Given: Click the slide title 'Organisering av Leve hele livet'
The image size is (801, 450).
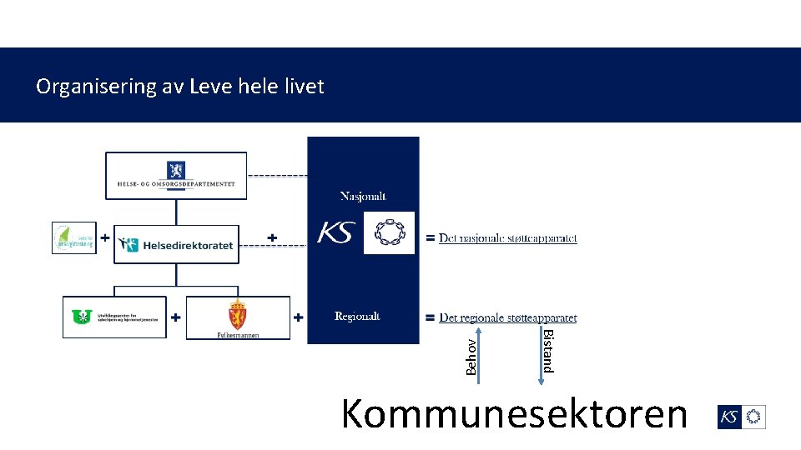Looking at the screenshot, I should point(179,86).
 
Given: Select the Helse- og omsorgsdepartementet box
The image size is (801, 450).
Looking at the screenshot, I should point(176,175).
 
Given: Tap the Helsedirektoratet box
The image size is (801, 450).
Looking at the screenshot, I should point(176,244).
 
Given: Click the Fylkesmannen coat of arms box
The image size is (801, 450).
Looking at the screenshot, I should point(238,317).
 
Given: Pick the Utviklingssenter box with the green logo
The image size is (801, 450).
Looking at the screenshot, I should point(114,317).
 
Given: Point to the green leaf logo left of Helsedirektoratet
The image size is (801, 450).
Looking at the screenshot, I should point(74,237).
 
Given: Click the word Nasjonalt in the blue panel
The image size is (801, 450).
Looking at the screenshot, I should point(363,197).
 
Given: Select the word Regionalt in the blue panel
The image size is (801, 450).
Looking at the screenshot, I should point(357,317).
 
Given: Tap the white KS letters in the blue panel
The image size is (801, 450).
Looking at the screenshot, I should point(335,233).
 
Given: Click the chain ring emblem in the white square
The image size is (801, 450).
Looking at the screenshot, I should point(389,233).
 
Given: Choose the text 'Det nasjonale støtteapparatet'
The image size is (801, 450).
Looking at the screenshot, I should point(508,238).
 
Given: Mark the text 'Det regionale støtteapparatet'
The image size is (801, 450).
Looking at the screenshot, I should point(508,317).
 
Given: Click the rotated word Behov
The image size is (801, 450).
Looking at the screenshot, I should point(471,356).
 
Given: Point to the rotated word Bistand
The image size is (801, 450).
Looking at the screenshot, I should point(547,351).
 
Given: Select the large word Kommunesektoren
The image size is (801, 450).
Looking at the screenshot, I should point(514,414).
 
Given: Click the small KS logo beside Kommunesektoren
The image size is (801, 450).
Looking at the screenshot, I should point(741,417).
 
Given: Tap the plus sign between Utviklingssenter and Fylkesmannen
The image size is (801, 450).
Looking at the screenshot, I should point(176,317).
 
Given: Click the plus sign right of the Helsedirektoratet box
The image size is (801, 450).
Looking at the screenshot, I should point(271,237).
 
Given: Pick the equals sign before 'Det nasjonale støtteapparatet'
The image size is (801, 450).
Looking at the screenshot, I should point(430,238).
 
